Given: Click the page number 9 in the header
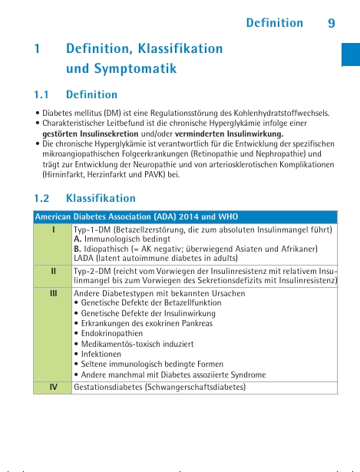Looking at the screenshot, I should click(x=331, y=23).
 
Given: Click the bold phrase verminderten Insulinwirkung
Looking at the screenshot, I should click(x=239, y=134).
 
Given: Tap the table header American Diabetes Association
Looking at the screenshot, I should click(x=92, y=216).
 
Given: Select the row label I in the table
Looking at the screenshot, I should click(x=53, y=229).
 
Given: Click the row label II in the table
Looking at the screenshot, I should click(x=53, y=272).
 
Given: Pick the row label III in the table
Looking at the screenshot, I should click(x=53, y=292).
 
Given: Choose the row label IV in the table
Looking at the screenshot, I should click(x=53, y=387).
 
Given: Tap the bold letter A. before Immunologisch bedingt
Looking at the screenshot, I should click(x=78, y=239).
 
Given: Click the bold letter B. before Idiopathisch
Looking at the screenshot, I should click(x=78, y=249).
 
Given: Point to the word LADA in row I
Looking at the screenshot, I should click(x=83, y=259).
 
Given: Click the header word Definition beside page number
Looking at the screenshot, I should click(x=274, y=23).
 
